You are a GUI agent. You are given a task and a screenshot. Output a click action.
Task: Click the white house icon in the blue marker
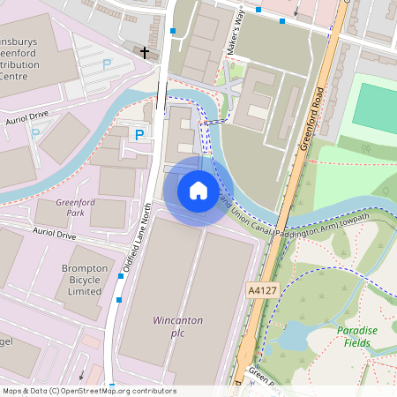(198, 191)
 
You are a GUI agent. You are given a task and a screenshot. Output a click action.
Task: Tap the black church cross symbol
(145, 53)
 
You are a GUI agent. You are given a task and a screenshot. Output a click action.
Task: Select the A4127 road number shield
(263, 289)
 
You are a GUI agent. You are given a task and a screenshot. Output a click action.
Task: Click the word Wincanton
(178, 319)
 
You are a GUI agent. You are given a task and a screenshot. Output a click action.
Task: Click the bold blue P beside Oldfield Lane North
(139, 134)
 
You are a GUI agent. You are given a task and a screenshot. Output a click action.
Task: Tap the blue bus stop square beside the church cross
(173, 32)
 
